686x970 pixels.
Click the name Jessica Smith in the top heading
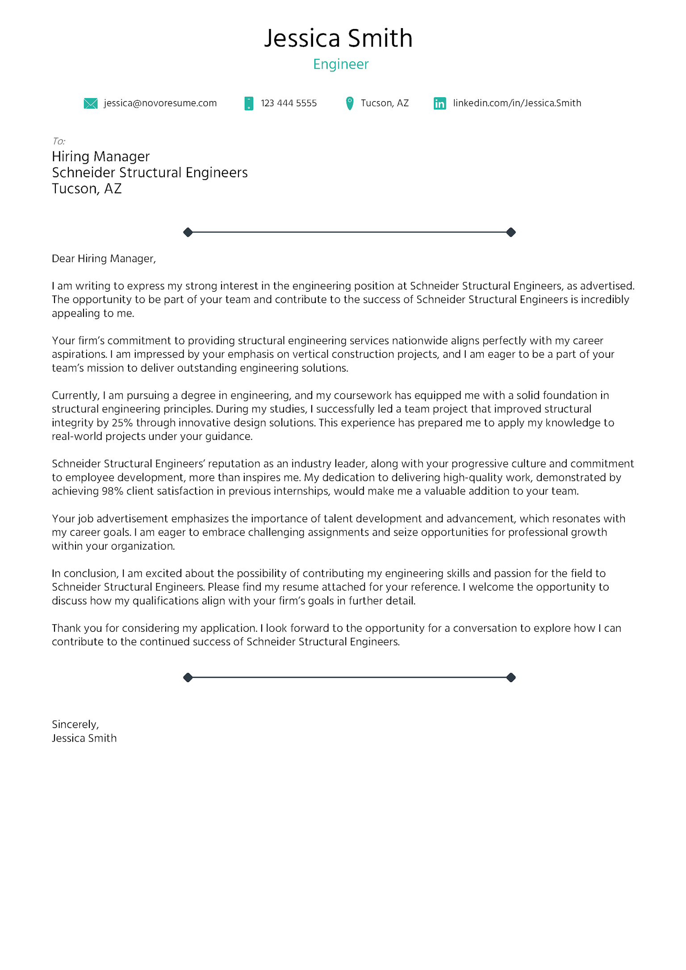338,38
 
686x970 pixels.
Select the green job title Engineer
341,64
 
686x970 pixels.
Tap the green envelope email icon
91,104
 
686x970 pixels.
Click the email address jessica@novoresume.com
160,103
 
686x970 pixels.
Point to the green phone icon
249,104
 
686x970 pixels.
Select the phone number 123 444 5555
289,103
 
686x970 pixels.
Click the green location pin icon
350,103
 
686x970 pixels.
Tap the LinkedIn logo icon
439,104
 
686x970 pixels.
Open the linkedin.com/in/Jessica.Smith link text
517,103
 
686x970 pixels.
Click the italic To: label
59,142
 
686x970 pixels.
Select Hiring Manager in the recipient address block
100,157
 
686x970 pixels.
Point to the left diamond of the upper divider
188,232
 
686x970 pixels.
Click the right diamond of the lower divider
511,678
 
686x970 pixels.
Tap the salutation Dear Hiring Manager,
104,259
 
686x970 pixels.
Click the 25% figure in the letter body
122,423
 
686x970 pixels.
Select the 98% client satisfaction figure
113,491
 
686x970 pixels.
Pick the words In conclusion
84,574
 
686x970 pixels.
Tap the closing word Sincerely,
75,724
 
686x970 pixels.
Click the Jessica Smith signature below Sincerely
84,738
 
